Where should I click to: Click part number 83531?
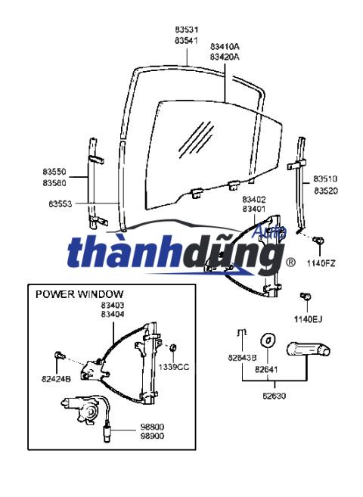pyautogui.click(x=186, y=30)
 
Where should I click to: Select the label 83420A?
pyautogui.click(x=225, y=57)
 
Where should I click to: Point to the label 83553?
pyautogui.click(x=60, y=203)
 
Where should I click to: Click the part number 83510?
pyautogui.click(x=326, y=179)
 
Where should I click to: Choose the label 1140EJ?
pyautogui.click(x=308, y=319)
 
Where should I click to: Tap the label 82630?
pyautogui.click(x=274, y=394)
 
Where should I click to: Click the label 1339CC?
pyautogui.click(x=174, y=366)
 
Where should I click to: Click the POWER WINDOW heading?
pyautogui.click(x=79, y=294)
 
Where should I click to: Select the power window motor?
pyautogui.click(x=89, y=413)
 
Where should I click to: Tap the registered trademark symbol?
pyautogui.click(x=290, y=262)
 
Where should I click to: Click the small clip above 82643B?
pyautogui.click(x=242, y=334)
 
